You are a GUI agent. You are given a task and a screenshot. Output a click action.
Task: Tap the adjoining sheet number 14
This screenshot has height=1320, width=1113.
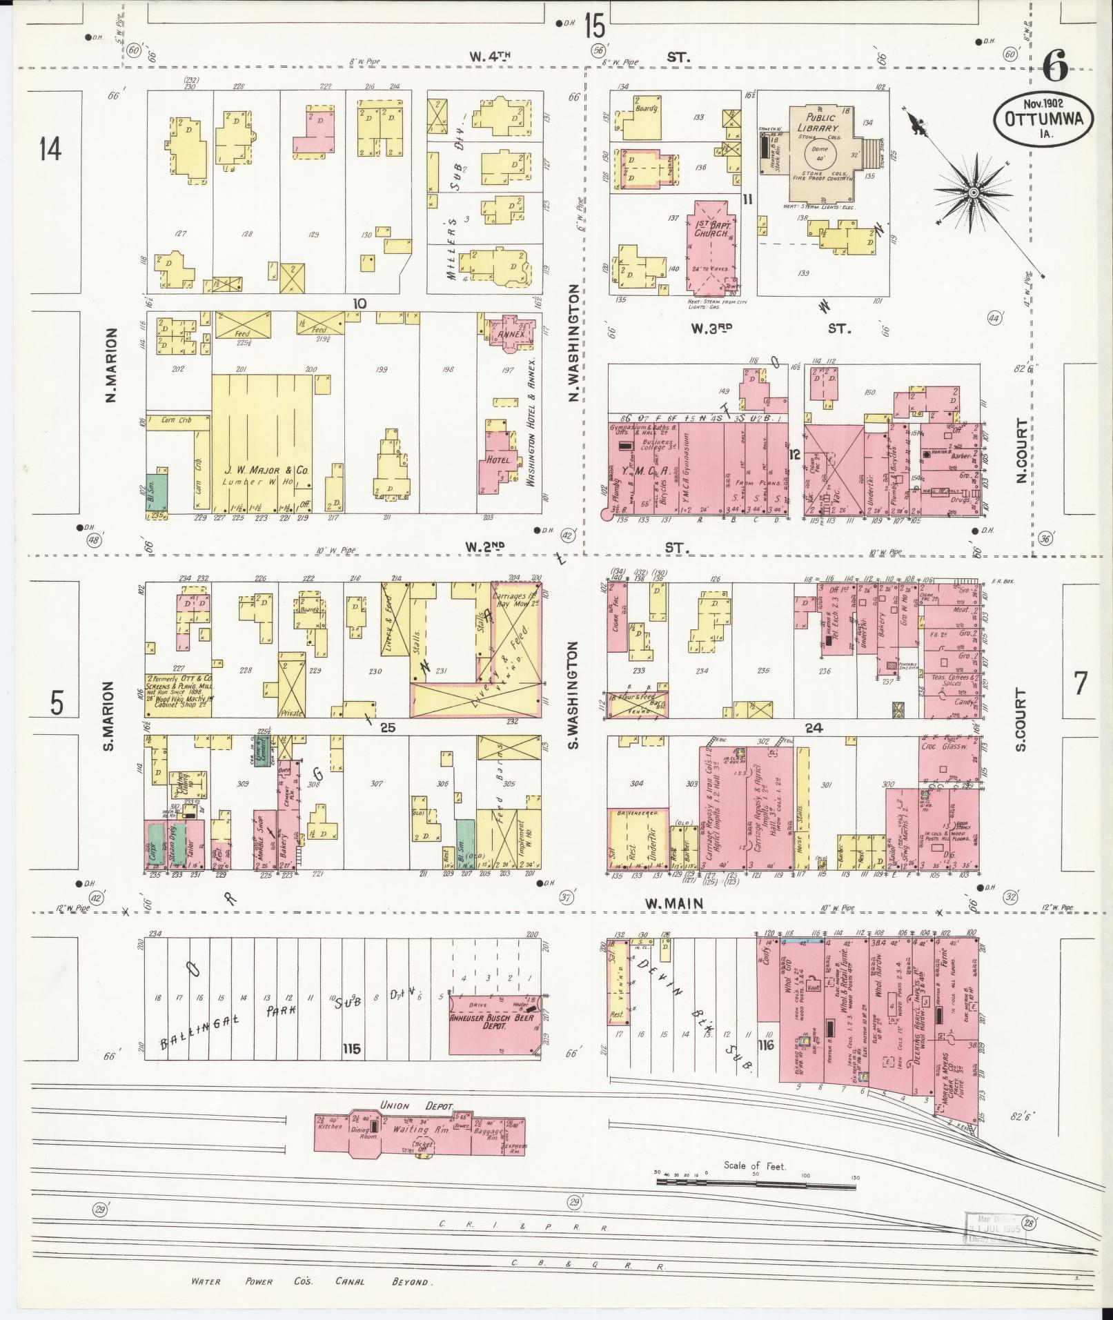coord(50,148)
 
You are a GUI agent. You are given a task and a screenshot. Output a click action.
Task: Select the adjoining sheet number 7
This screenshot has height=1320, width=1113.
coord(1080,683)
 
